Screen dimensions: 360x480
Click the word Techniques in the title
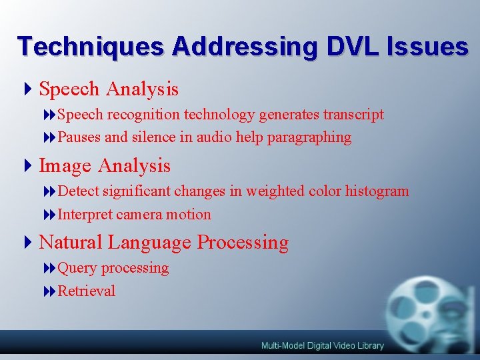click(91, 47)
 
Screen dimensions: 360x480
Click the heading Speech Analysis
click(109, 88)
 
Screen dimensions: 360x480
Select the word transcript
click(353, 115)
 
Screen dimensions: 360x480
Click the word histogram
click(377, 191)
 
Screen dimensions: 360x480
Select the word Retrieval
click(87, 291)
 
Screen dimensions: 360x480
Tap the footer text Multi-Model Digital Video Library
click(322, 345)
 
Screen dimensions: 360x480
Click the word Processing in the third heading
click(243, 243)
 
